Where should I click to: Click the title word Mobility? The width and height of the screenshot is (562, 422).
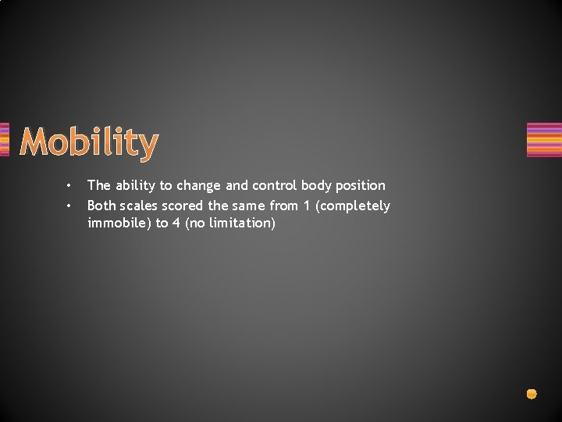coord(89,143)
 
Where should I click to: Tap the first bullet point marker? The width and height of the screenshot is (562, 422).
coord(69,186)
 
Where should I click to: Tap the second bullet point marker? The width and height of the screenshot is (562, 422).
coord(69,206)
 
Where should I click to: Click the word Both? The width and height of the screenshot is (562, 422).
coord(101,206)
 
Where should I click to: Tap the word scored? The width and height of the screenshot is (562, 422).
coord(187,206)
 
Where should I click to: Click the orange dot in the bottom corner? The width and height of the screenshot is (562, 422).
coord(532,394)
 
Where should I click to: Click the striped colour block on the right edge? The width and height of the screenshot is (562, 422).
coord(544,140)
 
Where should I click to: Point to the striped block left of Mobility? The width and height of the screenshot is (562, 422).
coord(5,140)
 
